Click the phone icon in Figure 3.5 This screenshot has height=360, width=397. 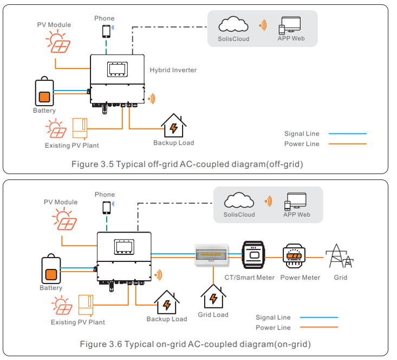click(x=106, y=31)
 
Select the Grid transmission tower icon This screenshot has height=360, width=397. click(x=339, y=256)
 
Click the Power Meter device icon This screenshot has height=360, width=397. click(x=294, y=256)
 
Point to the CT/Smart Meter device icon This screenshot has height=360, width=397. click(x=253, y=255)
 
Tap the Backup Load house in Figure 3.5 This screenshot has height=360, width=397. click(x=174, y=125)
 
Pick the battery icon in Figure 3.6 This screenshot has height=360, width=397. click(x=51, y=268)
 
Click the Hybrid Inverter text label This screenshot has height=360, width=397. click(x=173, y=70)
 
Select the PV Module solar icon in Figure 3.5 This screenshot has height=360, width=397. click(x=58, y=41)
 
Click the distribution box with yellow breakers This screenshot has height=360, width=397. click(x=212, y=254)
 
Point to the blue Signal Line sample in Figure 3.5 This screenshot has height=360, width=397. click(x=348, y=133)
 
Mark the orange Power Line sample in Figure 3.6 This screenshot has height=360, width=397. click(x=319, y=327)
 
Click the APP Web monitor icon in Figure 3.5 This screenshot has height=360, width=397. click(x=290, y=25)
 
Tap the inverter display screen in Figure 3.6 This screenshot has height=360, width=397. click(x=124, y=247)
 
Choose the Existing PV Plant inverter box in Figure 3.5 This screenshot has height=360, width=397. click(x=80, y=128)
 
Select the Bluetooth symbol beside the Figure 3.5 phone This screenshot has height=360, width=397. click(x=113, y=27)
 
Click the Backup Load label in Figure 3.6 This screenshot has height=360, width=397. click(x=167, y=319)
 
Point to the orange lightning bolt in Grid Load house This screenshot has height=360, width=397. click(x=213, y=299)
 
